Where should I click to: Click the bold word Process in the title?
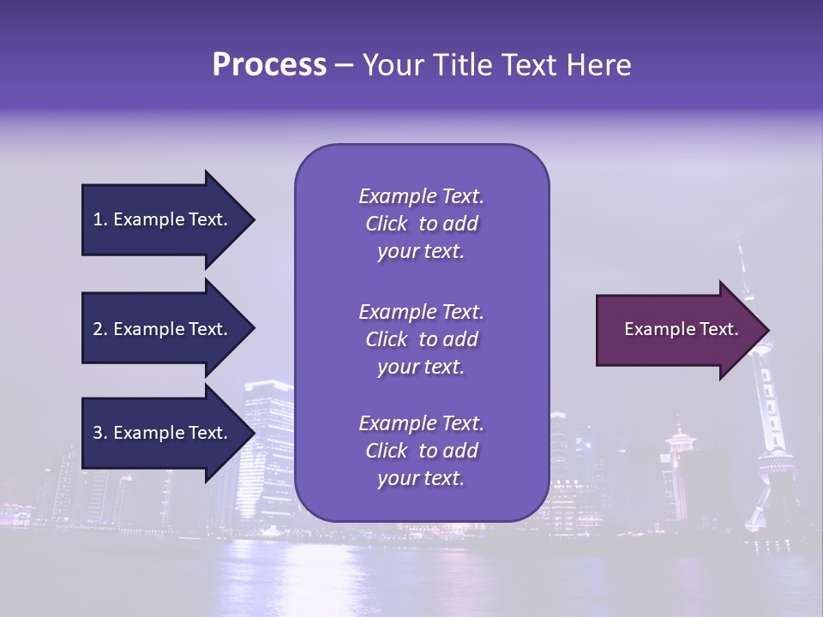pyautogui.click(x=269, y=65)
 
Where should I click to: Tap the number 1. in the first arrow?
pyautogui.click(x=100, y=219)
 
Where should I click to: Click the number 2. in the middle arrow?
pyautogui.click(x=100, y=329)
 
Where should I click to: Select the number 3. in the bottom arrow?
pyautogui.click(x=100, y=433)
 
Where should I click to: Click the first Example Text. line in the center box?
pyautogui.click(x=421, y=196)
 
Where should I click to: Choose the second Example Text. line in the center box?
pyautogui.click(x=421, y=311)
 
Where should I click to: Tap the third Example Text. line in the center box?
pyautogui.click(x=421, y=423)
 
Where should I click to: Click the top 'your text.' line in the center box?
pyautogui.click(x=421, y=252)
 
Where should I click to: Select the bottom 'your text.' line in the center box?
pyautogui.click(x=421, y=479)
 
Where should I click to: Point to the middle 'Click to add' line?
pyautogui.click(x=421, y=339)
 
